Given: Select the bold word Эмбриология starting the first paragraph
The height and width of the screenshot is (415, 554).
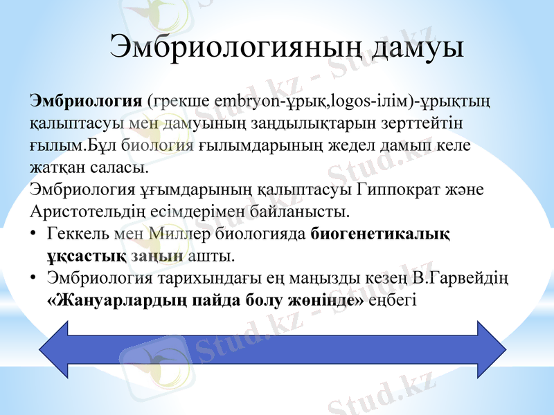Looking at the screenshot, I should [x=86, y=100].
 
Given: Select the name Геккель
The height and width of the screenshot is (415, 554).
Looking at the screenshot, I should [x=80, y=234].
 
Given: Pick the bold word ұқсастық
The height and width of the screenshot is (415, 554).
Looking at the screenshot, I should [x=85, y=256].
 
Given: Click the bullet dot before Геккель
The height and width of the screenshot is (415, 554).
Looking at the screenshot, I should [x=35, y=234].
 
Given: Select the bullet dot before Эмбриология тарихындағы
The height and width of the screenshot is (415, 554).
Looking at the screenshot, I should [x=35, y=279].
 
